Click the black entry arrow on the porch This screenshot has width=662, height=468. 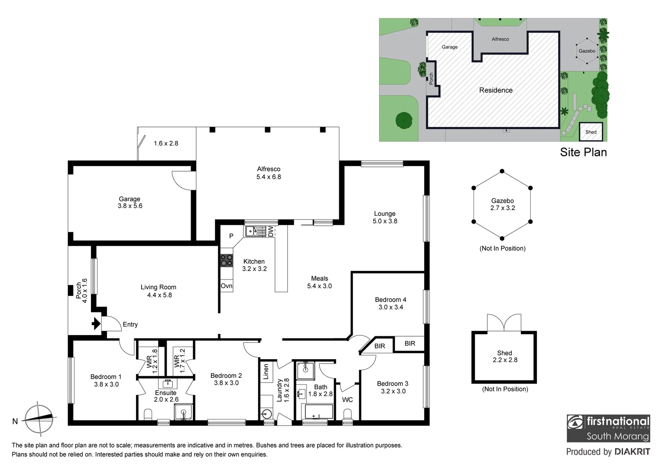click(x=96, y=323)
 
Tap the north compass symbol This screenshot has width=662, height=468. click(x=39, y=419)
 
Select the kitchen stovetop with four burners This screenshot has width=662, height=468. click(x=227, y=260)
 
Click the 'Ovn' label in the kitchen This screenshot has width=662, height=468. click(x=227, y=286)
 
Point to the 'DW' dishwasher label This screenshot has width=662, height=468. click(x=270, y=231)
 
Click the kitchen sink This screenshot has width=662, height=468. click(x=252, y=231)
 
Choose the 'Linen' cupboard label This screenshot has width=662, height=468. click(x=266, y=372)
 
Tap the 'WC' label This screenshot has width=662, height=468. click(x=347, y=400)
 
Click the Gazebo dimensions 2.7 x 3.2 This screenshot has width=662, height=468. click(x=503, y=208)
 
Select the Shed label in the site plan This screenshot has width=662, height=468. click(x=591, y=132)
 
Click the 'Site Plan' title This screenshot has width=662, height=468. click(x=583, y=152)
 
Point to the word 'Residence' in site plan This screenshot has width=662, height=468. click(x=496, y=90)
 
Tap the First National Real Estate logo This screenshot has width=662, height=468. click(x=608, y=428)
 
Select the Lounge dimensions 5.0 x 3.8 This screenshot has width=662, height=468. click(x=385, y=221)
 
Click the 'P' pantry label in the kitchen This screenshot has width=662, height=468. click(x=231, y=236)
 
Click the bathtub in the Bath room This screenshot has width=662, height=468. click(x=319, y=412)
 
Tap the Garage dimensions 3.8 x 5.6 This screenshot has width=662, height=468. click(x=130, y=206)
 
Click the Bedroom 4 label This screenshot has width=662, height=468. click(x=390, y=300)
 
